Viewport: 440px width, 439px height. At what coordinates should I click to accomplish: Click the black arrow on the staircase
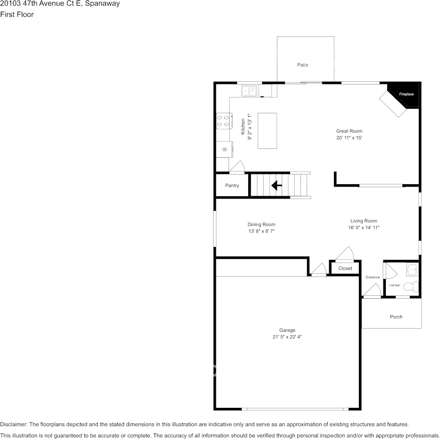point(277,185)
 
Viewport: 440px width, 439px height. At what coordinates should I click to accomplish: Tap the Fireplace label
point(406,94)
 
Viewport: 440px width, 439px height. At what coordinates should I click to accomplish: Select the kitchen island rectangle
point(267,131)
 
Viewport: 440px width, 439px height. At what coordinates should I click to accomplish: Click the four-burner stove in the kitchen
point(224,121)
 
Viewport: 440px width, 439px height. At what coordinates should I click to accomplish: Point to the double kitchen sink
point(249,90)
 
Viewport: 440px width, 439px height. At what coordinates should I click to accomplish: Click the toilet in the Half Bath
point(411,287)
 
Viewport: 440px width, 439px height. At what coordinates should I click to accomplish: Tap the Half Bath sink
point(413,270)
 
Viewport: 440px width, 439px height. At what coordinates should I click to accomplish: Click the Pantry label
point(232,185)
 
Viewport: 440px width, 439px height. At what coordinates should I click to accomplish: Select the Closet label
point(345,268)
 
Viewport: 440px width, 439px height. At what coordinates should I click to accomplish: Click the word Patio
point(302,65)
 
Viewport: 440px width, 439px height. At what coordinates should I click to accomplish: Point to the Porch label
point(396,317)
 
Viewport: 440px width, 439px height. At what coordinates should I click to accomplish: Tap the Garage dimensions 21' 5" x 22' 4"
point(287,337)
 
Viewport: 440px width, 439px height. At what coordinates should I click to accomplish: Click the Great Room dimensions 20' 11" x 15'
point(349,138)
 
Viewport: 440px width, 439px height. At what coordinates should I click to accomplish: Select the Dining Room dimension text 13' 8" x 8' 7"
point(261,231)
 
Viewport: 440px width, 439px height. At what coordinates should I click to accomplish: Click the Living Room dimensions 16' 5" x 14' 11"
point(364,227)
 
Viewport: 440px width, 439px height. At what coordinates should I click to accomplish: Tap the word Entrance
point(373,278)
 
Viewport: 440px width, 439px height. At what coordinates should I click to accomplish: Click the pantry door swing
point(238,166)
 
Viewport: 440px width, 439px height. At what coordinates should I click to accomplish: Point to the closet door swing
point(345,254)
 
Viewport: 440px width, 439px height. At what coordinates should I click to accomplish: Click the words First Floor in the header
point(17,14)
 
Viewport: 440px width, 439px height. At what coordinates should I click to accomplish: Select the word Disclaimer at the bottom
point(13,424)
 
